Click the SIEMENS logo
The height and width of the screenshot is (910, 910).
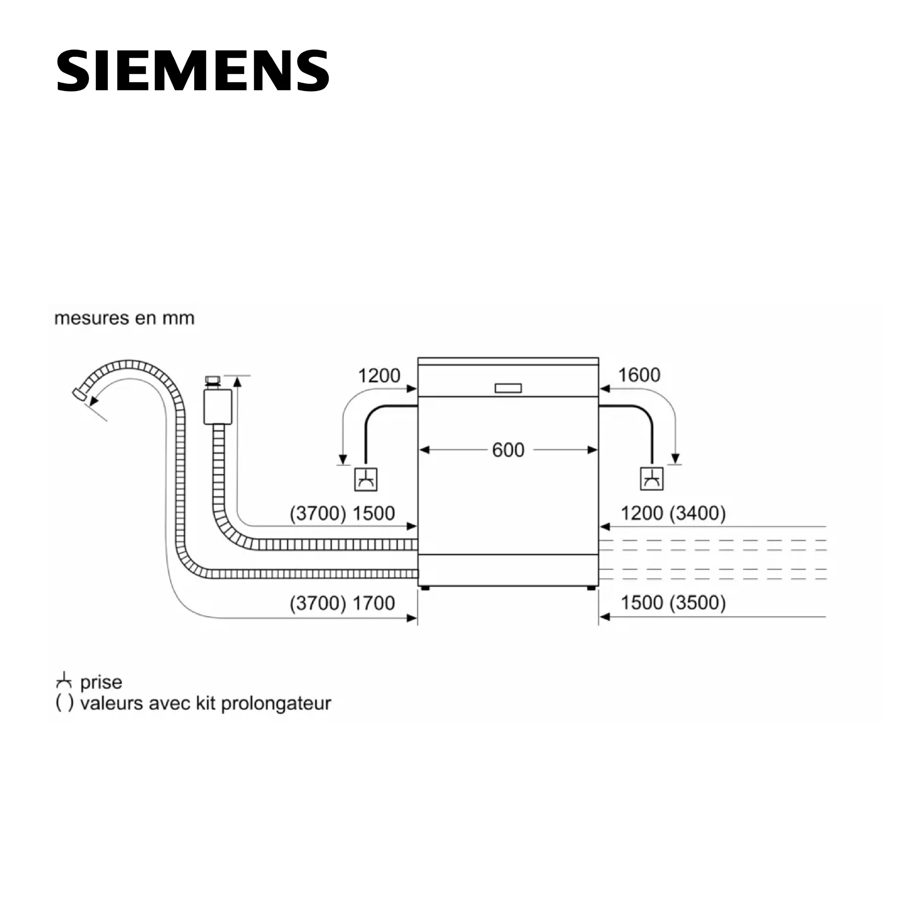coord(193,71)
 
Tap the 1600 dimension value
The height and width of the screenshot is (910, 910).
coord(639,375)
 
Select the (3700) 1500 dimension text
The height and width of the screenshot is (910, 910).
coord(342,513)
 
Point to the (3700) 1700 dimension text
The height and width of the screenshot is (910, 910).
coord(342,603)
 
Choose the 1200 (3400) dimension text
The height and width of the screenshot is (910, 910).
coord(673,513)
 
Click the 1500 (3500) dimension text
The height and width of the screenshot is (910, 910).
coord(673,603)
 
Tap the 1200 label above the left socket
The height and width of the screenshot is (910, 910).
coord(379,375)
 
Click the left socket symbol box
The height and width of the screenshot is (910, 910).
coord(365,480)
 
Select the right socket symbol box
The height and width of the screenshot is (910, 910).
coord(652,479)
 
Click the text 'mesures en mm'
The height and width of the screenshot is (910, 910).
coord(124,318)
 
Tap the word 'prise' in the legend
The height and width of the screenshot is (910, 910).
coord(101,682)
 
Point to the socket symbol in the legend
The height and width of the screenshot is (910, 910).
coord(64,681)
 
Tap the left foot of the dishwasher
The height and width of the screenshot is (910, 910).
coord(425,588)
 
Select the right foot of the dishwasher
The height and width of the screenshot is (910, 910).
coord(591,588)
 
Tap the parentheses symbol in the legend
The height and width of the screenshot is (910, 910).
coord(65,703)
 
